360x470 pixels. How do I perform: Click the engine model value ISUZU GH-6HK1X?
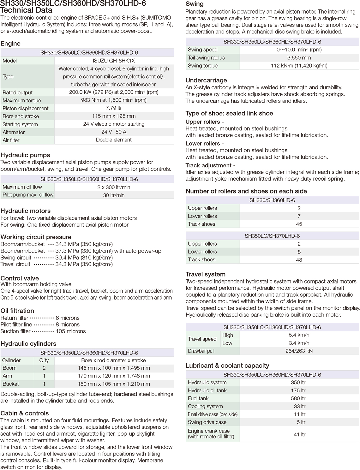click(114, 61)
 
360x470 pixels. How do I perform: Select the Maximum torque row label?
click(22, 100)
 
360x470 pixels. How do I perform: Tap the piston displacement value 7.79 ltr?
click(114, 108)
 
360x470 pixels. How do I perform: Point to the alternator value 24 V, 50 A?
click(114, 132)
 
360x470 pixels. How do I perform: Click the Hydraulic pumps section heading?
click(25, 155)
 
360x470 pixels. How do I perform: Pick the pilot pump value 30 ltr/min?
click(114, 195)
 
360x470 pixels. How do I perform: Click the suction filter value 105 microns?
click(71, 331)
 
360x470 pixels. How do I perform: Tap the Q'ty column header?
click(44, 360)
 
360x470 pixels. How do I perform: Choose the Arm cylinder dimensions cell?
click(114, 376)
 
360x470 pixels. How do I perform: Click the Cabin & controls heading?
click(25, 413)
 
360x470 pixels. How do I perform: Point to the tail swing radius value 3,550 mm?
click(299, 58)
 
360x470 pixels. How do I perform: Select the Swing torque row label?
click(203, 66)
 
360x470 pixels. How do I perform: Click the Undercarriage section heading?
click(206, 80)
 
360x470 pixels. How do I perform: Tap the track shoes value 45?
click(299, 224)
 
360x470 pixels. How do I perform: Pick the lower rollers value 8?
click(299, 252)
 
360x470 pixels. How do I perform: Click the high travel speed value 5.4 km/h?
click(299, 335)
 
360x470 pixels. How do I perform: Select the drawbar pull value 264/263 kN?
click(299, 351)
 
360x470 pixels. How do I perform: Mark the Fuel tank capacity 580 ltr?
click(299, 398)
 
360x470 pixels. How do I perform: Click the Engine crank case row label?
click(211, 434)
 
